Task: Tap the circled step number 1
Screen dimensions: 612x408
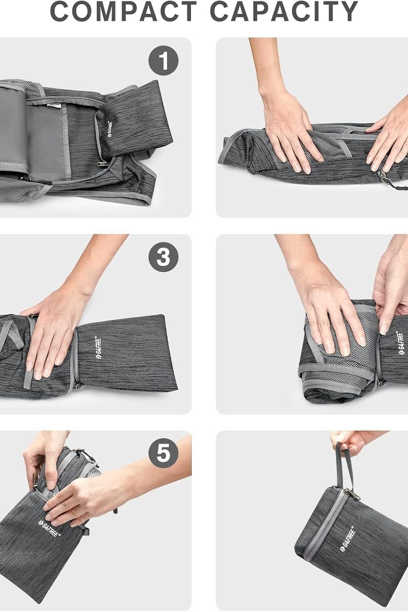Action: coord(163,61)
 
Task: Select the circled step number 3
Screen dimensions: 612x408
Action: coord(163,257)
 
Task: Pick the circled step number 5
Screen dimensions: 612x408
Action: coord(163,453)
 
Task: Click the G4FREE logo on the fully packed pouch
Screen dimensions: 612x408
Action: coord(347,539)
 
